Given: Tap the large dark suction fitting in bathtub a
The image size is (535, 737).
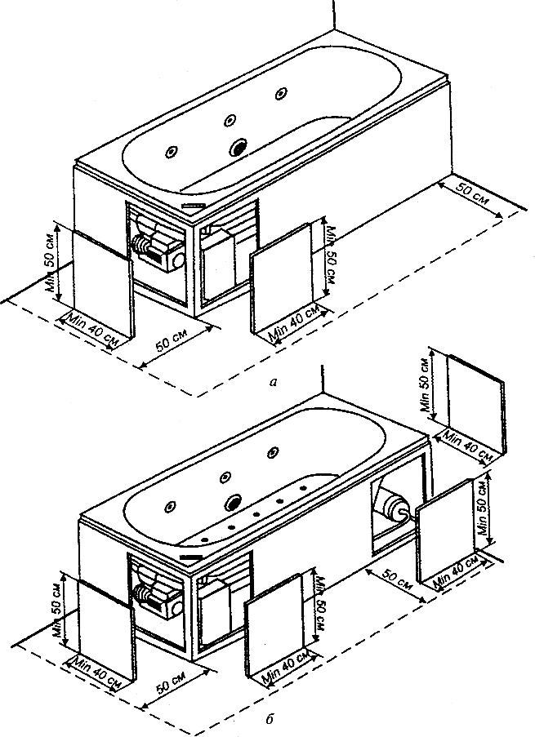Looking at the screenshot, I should (x=239, y=148).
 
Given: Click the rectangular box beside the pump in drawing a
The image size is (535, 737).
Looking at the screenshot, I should (x=221, y=259).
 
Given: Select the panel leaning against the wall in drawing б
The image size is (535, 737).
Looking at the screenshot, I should (x=474, y=404).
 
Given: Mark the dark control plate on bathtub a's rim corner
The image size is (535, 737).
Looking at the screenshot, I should (x=194, y=206).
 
